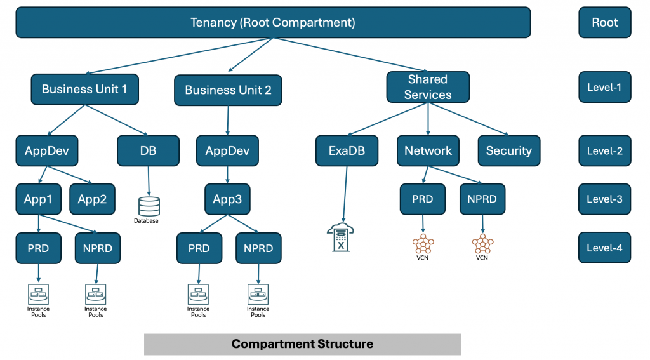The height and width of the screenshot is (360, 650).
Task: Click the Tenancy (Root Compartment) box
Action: [x=273, y=23]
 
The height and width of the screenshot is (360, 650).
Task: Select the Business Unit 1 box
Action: [x=84, y=90]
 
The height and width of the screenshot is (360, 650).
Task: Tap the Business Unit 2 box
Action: [x=228, y=90]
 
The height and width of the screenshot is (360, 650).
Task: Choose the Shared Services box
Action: [x=428, y=87]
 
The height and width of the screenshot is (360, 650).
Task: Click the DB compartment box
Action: [x=148, y=151]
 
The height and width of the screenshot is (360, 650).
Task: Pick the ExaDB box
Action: [x=347, y=151]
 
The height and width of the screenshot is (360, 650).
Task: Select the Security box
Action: [x=508, y=151]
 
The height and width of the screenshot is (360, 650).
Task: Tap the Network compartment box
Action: [x=428, y=151]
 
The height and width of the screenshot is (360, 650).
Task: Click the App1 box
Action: [x=38, y=199]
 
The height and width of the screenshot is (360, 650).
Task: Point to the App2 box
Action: [x=92, y=199]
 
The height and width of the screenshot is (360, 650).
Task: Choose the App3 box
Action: [x=227, y=199]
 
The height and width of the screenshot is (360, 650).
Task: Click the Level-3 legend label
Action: [x=604, y=199]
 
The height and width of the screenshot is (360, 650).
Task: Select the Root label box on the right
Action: [x=604, y=23]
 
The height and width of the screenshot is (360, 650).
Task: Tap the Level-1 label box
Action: [x=604, y=87]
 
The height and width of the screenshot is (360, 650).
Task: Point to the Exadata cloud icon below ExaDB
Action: [x=340, y=238]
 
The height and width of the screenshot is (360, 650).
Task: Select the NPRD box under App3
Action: [x=258, y=248]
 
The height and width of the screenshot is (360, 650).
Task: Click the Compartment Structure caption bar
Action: [x=302, y=344]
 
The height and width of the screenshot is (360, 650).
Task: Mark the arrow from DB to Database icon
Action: [x=149, y=181]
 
